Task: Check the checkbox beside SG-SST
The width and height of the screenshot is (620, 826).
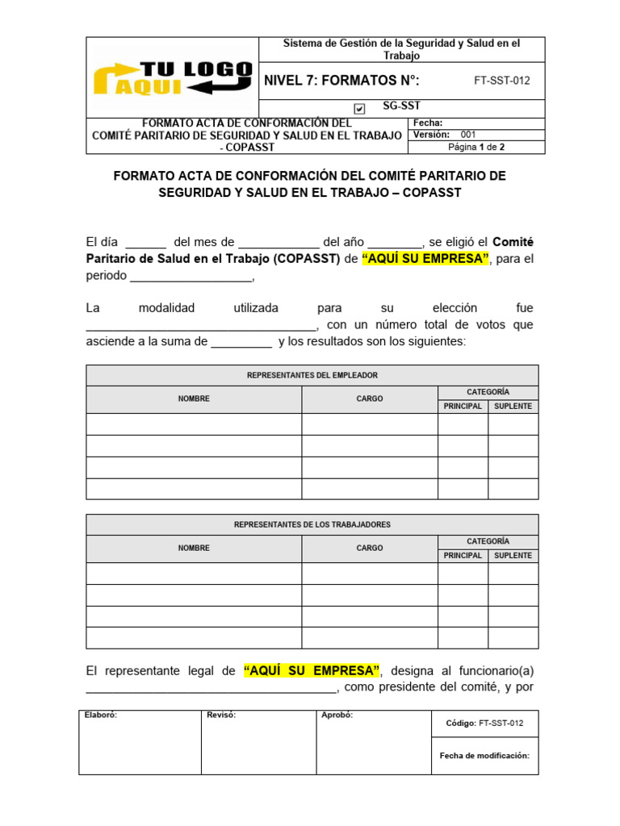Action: tap(359, 108)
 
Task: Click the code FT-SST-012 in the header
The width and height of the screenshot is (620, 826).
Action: tap(501, 81)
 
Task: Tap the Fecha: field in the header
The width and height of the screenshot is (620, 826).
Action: tap(427, 123)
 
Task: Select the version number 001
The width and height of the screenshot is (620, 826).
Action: tap(469, 135)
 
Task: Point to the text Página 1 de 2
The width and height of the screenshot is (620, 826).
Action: tap(476, 147)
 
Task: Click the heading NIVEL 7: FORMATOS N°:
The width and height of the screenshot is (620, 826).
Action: tap(342, 81)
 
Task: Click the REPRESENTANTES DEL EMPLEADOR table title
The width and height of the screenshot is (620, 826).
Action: tap(312, 375)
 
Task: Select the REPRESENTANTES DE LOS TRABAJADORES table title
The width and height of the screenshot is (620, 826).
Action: tap(312, 524)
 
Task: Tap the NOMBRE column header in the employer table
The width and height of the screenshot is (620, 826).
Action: tap(194, 398)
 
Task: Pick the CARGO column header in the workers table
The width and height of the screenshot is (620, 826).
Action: tap(370, 548)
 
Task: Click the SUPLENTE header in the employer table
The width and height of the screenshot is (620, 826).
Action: tap(513, 406)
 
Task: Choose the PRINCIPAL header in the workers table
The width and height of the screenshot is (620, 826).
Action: tap(463, 555)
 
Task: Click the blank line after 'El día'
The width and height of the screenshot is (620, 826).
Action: tap(146, 243)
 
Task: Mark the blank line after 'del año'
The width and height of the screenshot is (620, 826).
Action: tap(394, 243)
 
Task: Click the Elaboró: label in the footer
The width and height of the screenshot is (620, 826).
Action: tap(101, 715)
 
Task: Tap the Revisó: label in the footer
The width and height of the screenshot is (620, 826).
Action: tap(221, 715)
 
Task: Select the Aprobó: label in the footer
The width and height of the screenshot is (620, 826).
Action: tap(337, 715)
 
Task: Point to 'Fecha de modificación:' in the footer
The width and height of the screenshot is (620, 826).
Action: tap(484, 756)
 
